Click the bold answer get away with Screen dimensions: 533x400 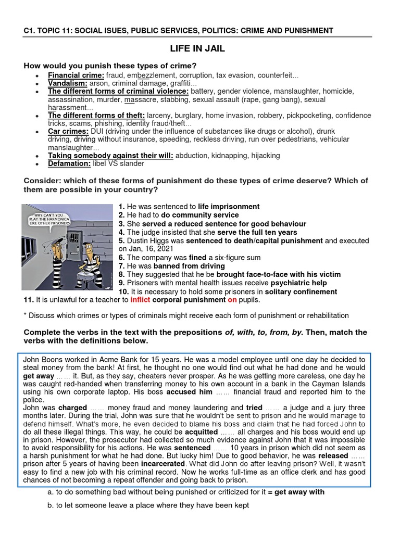click(299, 492)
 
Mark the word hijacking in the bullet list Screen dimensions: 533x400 click(262, 155)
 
